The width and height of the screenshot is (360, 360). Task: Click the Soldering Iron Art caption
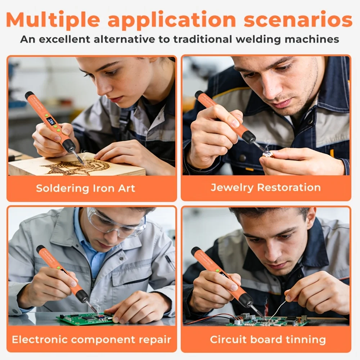point(85,189)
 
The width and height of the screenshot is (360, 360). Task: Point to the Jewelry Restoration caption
point(266,188)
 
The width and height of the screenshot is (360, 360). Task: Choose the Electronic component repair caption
point(91,339)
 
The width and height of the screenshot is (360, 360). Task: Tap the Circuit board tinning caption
point(268,339)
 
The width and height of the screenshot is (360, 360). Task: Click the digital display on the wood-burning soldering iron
point(51,121)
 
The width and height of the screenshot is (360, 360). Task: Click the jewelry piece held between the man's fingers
point(266,155)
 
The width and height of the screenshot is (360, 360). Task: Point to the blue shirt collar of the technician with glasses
point(92,241)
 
